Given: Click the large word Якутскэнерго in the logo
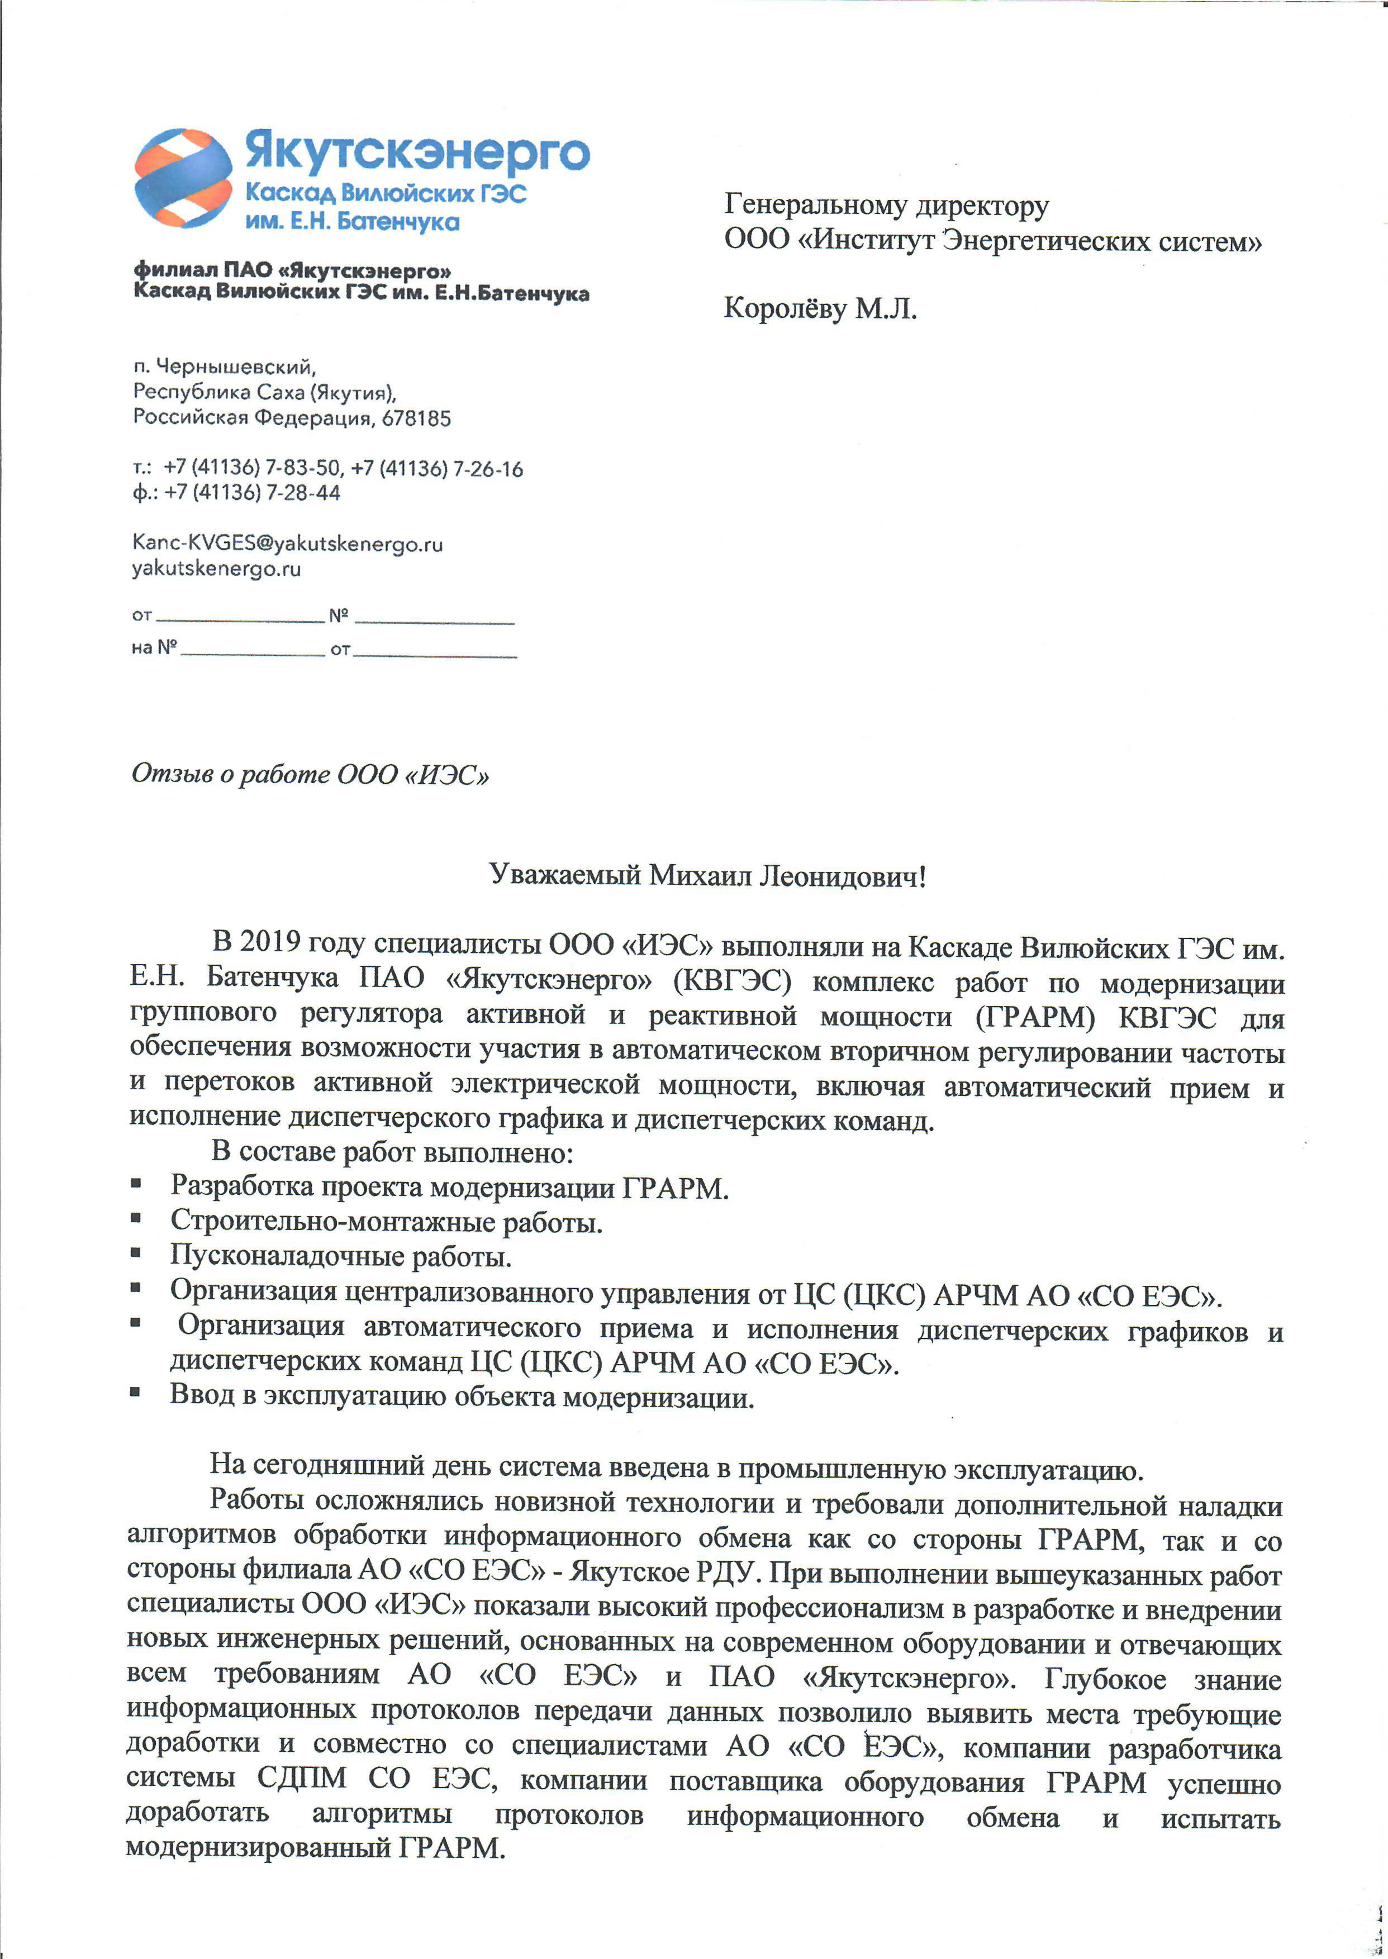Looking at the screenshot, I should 417,152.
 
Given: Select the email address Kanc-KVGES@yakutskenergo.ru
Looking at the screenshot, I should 287,544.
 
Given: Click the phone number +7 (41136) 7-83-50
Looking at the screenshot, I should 253,468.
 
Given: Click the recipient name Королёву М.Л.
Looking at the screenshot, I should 820,308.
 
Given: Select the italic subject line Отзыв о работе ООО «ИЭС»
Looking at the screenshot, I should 310,774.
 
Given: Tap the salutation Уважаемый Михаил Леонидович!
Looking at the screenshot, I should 707,876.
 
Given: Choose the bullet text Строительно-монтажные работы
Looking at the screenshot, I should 386,1222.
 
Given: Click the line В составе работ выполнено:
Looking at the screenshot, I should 392,1152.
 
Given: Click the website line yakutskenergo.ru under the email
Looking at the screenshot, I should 216,569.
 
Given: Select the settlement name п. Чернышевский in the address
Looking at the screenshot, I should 224,368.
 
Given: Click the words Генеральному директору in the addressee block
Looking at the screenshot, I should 886,206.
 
